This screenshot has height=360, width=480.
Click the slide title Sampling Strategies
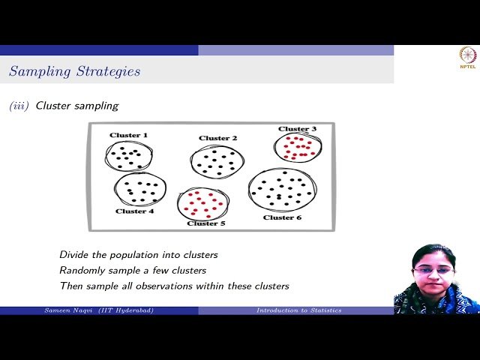(74, 72)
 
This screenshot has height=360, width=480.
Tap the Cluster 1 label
(129, 135)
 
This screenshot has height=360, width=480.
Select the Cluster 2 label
(218, 138)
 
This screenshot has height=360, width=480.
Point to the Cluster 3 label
(298, 129)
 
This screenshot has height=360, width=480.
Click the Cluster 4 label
(135, 211)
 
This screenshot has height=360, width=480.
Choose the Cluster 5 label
(206, 223)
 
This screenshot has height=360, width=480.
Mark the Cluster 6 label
(283, 217)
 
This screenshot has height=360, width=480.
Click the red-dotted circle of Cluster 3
(298, 148)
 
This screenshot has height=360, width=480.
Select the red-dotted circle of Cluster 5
(202, 203)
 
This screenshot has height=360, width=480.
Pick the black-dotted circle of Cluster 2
(217, 161)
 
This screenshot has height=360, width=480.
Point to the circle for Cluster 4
(140, 190)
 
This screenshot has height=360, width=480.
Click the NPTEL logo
(467, 58)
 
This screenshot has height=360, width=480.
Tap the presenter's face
(433, 268)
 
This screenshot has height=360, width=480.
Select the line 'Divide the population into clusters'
(139, 255)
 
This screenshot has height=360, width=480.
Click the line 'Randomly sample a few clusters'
(133, 270)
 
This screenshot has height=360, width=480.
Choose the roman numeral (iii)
(19, 106)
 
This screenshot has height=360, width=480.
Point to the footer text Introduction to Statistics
(298, 310)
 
